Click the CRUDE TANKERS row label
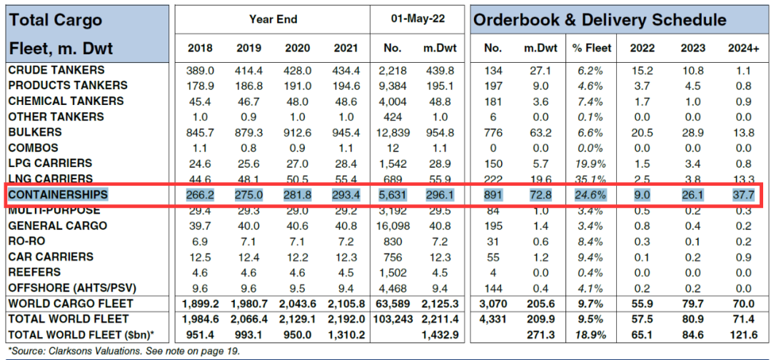point(56,70)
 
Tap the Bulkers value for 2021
point(346,132)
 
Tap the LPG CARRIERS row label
point(51,163)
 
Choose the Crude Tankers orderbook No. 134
point(493,70)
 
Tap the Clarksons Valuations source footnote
point(124,351)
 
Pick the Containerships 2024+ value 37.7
point(742,194)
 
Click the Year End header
point(273,19)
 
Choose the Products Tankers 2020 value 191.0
point(296,86)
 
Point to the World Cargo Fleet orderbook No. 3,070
point(493,304)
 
